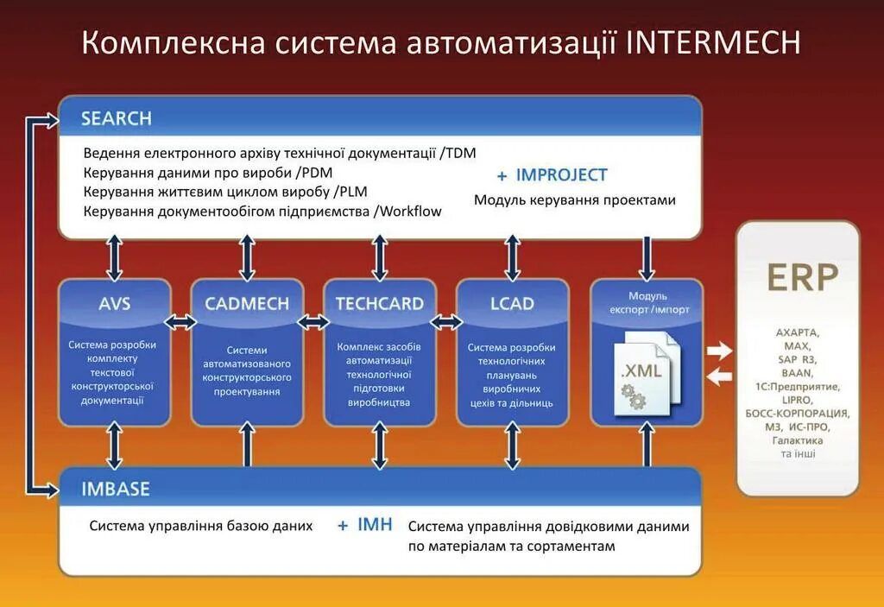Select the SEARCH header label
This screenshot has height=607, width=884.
pos(116,118)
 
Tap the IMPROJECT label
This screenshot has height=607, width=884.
pos(562,174)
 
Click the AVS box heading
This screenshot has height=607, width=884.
pos(115,303)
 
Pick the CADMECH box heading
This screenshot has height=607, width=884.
pos(247,303)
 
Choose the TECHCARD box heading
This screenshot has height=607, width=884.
pos(380,303)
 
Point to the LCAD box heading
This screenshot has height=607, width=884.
pos(512,303)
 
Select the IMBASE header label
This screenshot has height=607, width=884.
pos(116,489)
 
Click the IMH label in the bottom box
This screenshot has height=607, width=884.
pos(375,524)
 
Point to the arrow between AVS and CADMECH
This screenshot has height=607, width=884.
pos(180,322)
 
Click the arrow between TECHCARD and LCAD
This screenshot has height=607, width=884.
pos(446,322)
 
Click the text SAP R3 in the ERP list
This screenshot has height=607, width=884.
pos(797,359)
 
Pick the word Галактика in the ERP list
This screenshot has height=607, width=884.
pos(797,440)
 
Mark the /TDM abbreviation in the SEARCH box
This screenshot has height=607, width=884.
pos(458,153)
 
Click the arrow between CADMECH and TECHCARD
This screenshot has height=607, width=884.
pos(313,322)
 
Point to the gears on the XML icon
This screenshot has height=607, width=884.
pos(634,398)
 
